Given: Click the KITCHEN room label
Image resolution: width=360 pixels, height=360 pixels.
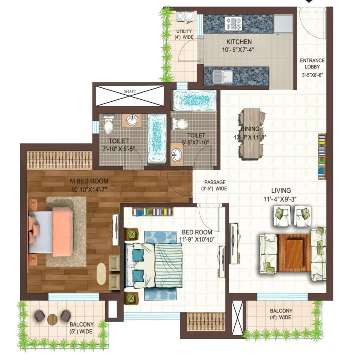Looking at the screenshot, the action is [239, 42].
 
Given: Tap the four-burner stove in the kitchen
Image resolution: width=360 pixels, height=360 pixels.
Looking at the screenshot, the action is [234, 24].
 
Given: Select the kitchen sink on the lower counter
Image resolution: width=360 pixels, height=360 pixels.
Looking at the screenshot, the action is [222, 77].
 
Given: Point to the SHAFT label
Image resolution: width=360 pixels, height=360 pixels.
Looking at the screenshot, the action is [130, 91].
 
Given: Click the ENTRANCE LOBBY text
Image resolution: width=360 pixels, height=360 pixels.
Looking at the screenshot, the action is [312, 64].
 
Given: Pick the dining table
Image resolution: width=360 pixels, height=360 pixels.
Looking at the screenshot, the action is [251, 134].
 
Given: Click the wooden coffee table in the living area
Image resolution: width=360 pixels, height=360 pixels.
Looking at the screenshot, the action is [294, 253].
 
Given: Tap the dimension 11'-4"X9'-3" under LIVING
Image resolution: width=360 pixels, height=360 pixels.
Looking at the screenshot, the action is [280, 199].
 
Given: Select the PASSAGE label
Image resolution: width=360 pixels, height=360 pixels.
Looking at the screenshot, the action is [215, 182].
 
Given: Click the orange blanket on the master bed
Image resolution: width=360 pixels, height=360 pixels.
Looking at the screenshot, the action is [62, 231].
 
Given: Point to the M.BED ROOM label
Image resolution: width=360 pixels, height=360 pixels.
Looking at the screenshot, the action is [89, 181].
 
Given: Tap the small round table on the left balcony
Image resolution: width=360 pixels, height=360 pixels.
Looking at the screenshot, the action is [52, 319].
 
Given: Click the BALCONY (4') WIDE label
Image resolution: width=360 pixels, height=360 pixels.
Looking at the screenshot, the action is [281, 314].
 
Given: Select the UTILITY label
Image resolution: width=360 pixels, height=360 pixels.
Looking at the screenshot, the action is [184, 31].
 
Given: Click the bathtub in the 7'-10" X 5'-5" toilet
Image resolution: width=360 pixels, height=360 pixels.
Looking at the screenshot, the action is [157, 139].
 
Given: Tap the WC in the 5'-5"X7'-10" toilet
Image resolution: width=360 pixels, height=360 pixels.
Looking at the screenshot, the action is [180, 124].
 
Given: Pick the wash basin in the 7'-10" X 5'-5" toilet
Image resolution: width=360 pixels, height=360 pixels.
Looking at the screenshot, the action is [132, 120].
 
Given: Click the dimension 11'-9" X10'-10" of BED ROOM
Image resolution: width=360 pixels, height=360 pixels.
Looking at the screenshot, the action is [197, 239].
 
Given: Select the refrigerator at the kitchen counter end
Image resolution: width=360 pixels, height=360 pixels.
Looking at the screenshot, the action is [283, 24].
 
